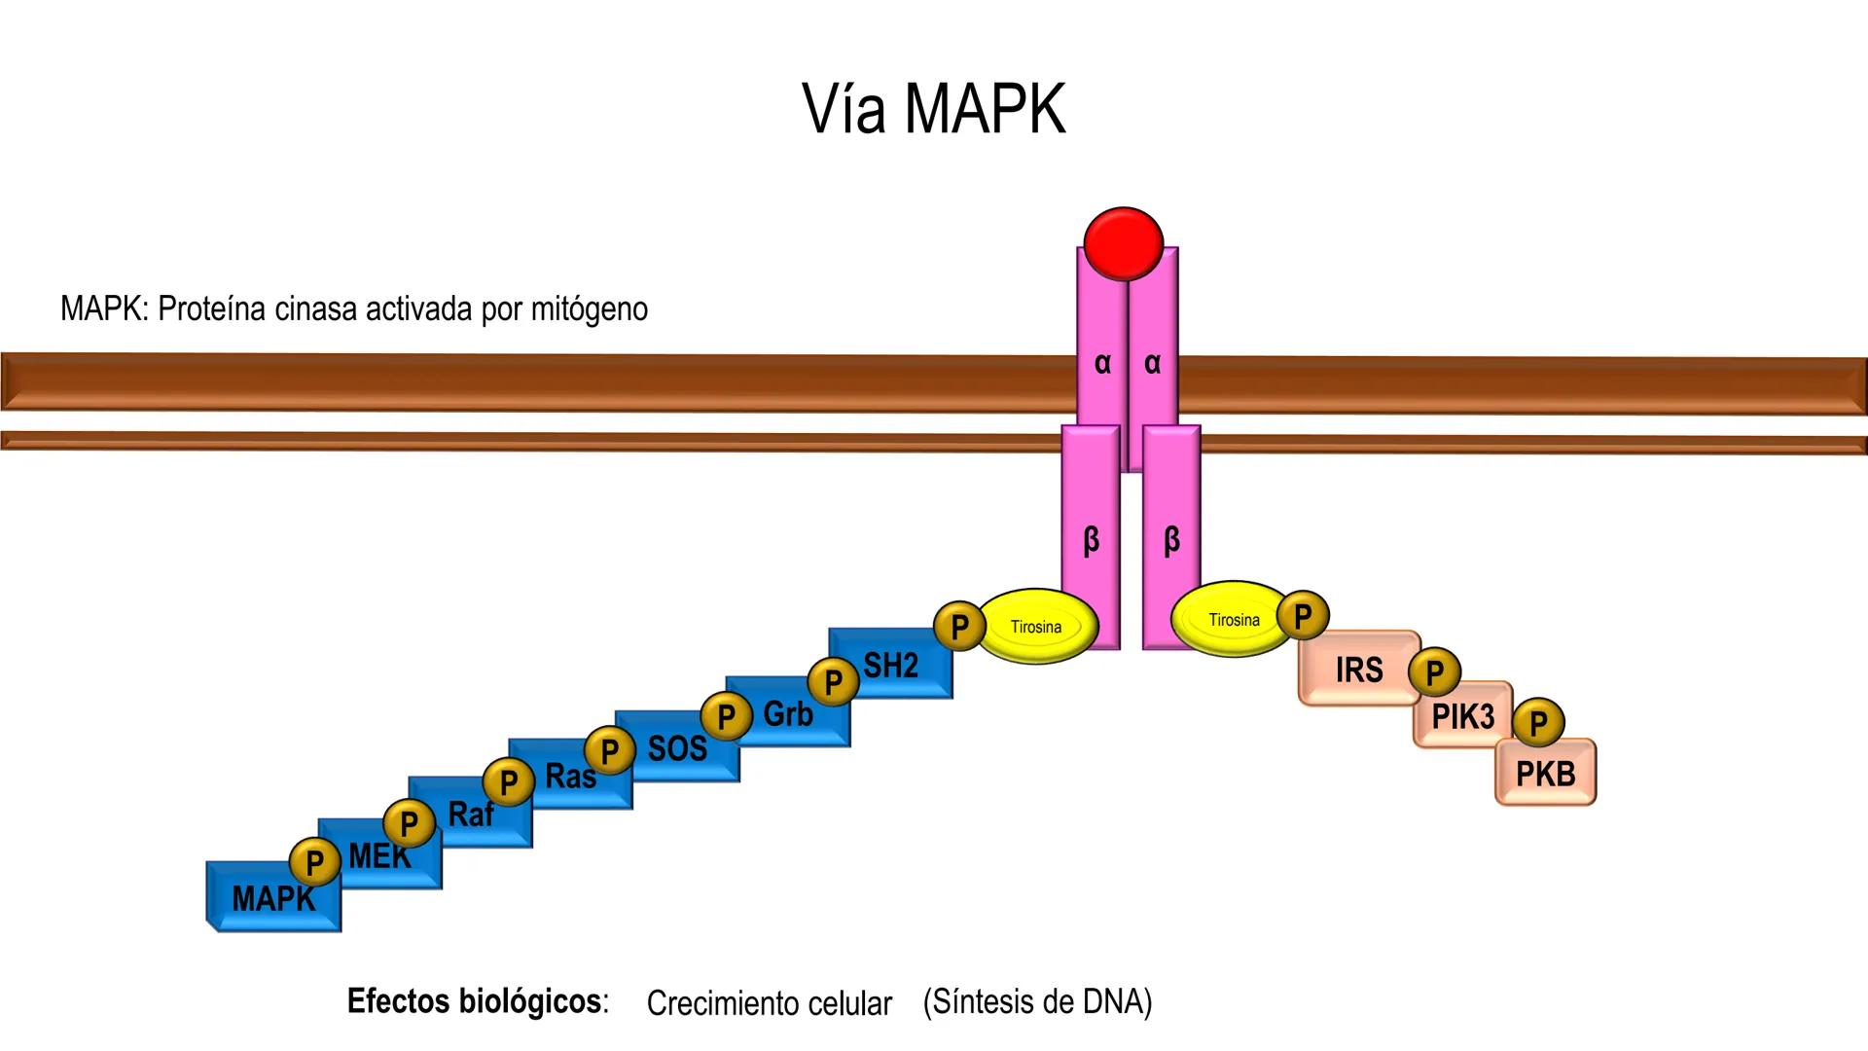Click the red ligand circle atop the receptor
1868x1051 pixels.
(1123, 243)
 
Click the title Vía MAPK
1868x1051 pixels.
(934, 108)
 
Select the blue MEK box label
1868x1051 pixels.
(379, 856)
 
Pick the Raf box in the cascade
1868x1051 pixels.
(471, 814)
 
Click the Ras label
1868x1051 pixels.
(569, 777)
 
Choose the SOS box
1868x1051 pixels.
(677, 748)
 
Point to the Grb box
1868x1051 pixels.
(788, 714)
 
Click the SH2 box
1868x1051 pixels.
(891, 666)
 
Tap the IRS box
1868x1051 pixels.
(1358, 670)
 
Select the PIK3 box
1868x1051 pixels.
(1462, 717)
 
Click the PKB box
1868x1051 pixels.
(1545, 774)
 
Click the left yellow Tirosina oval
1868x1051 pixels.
(1036, 627)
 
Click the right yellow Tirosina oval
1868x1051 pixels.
(1233, 620)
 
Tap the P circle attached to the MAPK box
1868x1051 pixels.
(314, 862)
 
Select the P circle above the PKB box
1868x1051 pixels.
(1538, 723)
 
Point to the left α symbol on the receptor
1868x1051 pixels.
(1101, 363)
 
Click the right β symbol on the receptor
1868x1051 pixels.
(1171, 539)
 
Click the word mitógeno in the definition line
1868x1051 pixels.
(589, 309)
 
